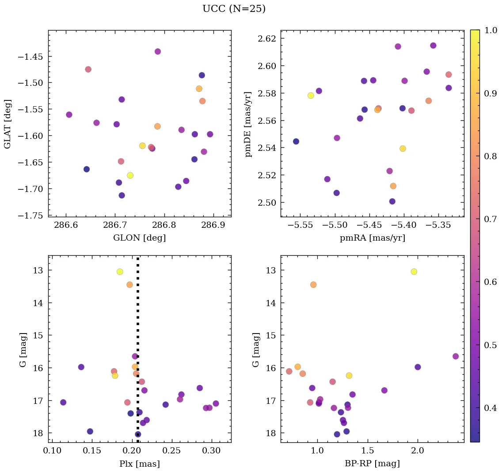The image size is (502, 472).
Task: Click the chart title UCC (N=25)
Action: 234,9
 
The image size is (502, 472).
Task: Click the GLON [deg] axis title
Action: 140,238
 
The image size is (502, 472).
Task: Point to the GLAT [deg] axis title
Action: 8,124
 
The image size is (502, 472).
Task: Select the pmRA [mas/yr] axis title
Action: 372,238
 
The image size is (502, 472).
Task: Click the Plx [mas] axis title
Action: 140,464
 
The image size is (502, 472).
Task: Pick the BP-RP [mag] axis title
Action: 372,464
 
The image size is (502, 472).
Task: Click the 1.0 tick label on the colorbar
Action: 490,30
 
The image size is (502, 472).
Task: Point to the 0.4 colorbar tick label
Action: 490,407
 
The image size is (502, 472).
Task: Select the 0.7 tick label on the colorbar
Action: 490,219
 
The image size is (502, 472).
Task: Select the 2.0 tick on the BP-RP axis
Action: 418,451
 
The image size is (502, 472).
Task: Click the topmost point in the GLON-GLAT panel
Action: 158,51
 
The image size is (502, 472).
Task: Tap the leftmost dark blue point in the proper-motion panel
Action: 296,142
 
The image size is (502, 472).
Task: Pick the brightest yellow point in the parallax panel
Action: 120,272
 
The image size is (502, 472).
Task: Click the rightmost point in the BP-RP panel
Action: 456,356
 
